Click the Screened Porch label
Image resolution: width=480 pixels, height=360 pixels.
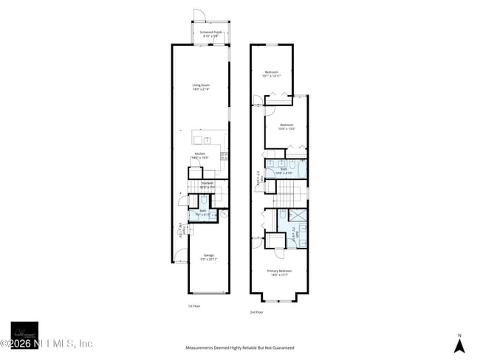pyautogui.click(x=210, y=34)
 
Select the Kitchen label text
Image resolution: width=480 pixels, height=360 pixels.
pyautogui.click(x=201, y=156)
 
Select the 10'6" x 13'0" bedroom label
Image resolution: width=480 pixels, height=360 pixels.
pyautogui.click(x=287, y=126)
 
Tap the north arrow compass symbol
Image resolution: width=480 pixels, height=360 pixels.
pyautogui.click(x=459, y=344)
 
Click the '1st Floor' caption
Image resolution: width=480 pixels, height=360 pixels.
pyautogui.click(x=193, y=305)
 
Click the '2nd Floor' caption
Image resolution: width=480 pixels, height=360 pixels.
pyautogui.click(x=256, y=312)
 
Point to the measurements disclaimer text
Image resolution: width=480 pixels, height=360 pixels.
pyautogui.click(x=240, y=347)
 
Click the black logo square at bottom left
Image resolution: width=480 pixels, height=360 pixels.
pyautogui.click(x=24, y=335)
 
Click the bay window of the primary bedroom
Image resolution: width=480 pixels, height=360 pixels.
pyautogui.click(x=278, y=297)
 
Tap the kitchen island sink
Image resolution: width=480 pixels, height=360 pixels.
pyautogui.click(x=208, y=139)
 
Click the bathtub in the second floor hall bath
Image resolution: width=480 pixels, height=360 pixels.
pyautogui.click(x=303, y=165)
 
